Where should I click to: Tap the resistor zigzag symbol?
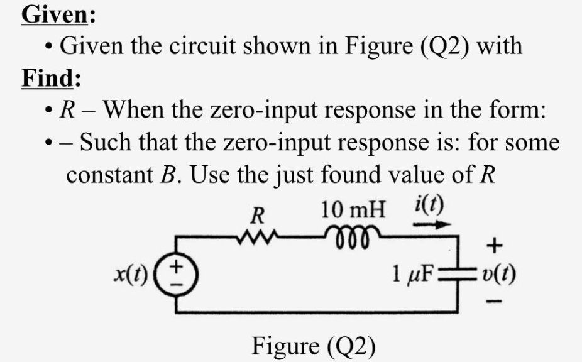258,237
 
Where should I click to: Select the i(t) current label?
431,206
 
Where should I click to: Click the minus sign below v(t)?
496,305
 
